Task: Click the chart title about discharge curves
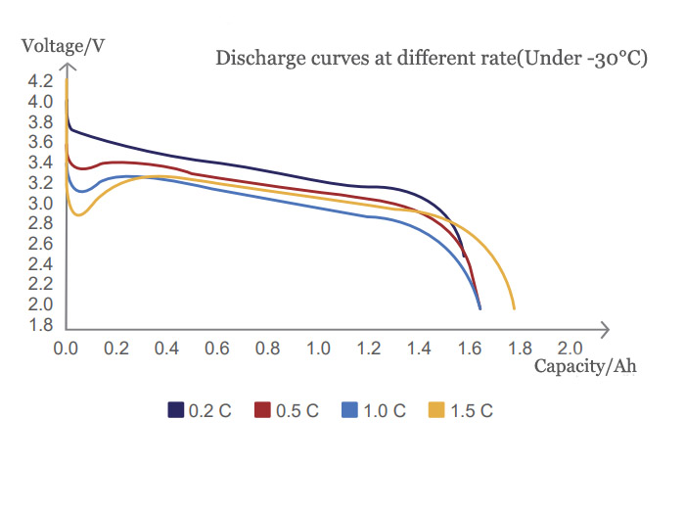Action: pyautogui.click(x=432, y=58)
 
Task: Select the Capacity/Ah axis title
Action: pyautogui.click(x=585, y=366)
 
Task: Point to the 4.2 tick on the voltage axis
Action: pyautogui.click(x=41, y=81)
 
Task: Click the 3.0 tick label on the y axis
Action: pyautogui.click(x=41, y=204)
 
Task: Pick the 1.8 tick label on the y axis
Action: pyautogui.click(x=41, y=325)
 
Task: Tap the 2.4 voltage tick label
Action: pyautogui.click(x=41, y=264)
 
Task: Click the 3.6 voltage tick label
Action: pyautogui.click(x=41, y=143)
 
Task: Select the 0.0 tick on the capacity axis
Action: pyautogui.click(x=66, y=349)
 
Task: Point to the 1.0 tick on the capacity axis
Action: pyautogui.click(x=317, y=349)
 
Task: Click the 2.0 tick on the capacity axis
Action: pyautogui.click(x=570, y=349)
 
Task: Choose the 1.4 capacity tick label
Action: pyautogui.click(x=419, y=349)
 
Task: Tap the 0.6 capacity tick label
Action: pyautogui.click(x=217, y=349)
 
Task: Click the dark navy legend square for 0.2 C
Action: pyautogui.click(x=176, y=410)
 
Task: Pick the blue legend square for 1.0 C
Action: pyautogui.click(x=349, y=410)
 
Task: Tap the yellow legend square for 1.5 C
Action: pyautogui.click(x=436, y=410)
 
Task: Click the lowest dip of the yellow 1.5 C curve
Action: pyautogui.click(x=78, y=215)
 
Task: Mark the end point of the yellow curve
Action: pyautogui.click(x=514, y=308)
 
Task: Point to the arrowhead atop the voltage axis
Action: pyautogui.click(x=66, y=67)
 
